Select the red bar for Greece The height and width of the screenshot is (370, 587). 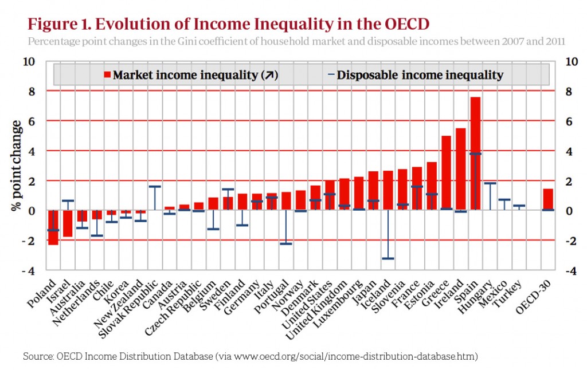coord(446,173)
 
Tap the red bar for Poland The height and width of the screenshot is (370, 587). coord(53,227)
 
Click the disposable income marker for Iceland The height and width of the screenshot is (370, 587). coord(388,258)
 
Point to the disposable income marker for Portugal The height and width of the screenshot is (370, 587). coord(286,243)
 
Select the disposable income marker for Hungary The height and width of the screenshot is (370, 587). coord(490,183)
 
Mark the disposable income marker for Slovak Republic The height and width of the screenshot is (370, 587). coord(155,186)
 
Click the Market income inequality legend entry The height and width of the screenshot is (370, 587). coord(189,75)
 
